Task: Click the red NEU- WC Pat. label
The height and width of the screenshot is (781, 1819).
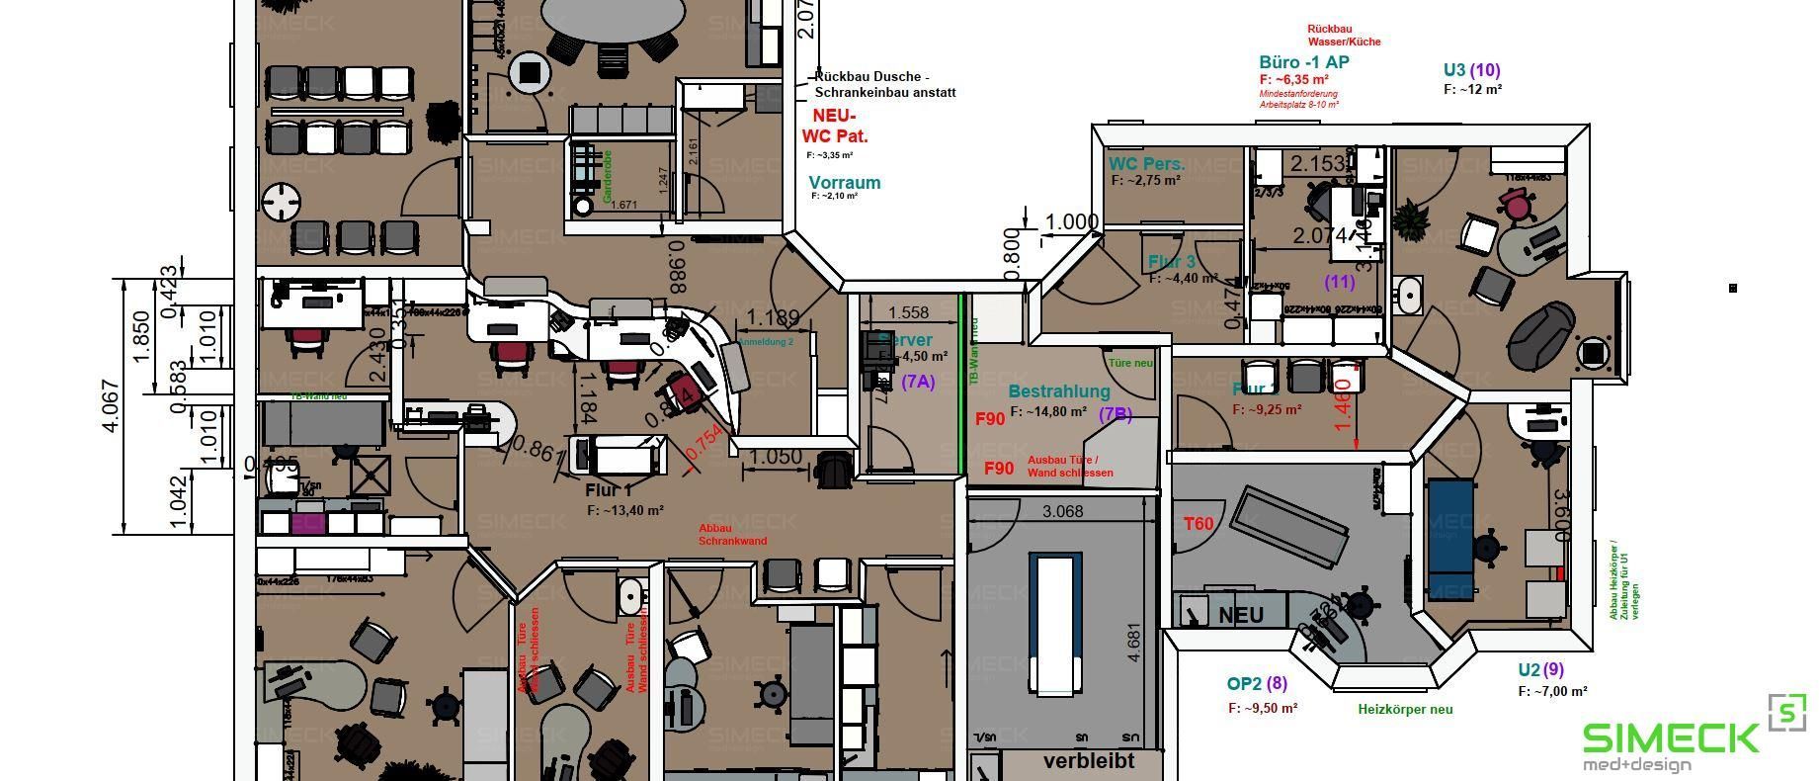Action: pos(834,127)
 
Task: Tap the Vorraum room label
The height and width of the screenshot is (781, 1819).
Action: pos(844,183)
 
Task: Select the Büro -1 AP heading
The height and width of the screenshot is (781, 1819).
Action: pos(1303,62)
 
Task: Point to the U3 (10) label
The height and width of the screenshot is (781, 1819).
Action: pos(1471,70)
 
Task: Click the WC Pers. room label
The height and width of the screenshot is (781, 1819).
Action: pos(1146,164)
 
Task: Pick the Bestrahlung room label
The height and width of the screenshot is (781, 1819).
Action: pos(1059,392)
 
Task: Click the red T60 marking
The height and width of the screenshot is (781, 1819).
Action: pos(1199,524)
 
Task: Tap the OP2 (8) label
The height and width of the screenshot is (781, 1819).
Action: pos(1257,683)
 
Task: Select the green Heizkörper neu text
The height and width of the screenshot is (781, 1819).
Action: pos(1405,709)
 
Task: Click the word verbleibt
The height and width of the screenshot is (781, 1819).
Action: pos(1089,761)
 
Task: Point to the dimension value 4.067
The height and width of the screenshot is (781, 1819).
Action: pos(111,405)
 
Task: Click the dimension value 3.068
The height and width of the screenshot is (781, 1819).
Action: pos(1062,511)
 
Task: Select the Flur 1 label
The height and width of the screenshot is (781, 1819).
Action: pos(608,490)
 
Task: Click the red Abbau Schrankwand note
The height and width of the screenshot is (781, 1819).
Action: pos(732,535)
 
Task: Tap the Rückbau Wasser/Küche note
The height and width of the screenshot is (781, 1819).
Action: pos(1344,36)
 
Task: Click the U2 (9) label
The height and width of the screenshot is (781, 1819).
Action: pos(1540,669)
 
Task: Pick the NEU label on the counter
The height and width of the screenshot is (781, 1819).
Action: pos(1241,615)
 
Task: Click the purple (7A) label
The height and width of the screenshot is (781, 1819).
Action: pos(917,382)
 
